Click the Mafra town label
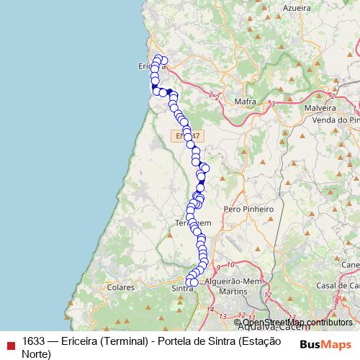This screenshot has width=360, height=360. coord(246,102)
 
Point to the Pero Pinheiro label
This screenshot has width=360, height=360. coord(249,209)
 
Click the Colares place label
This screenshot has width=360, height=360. coord(120,287)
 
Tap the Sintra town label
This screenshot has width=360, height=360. coord(184,288)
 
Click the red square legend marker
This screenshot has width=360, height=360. coord(9,342)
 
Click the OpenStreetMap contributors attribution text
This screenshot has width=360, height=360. coord(298,322)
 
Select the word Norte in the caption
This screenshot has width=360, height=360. coord(36,354)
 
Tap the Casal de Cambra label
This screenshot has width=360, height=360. coord(338,286)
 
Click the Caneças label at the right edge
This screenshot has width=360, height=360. coord(351,264)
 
